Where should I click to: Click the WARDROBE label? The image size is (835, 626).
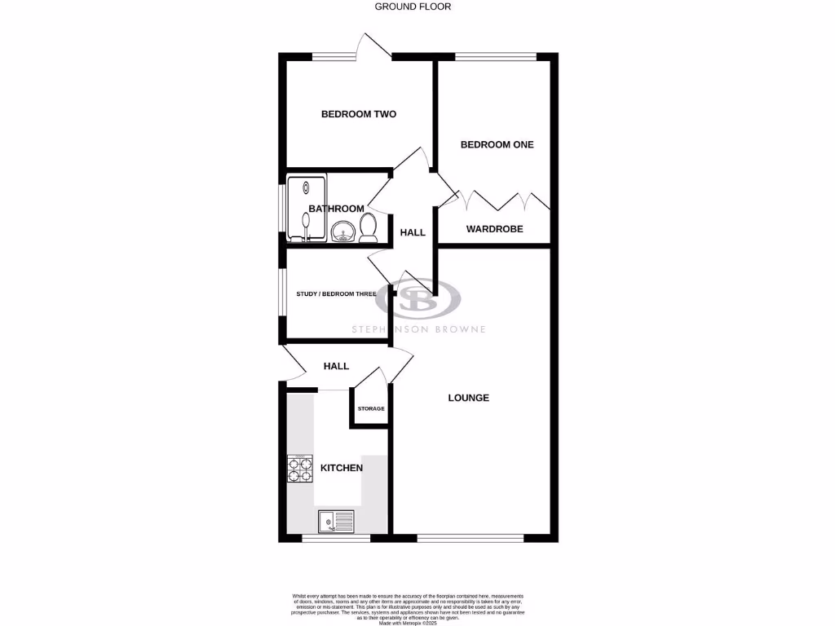[494, 229]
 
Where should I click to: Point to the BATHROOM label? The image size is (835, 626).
[336, 209]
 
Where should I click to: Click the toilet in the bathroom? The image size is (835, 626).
[368, 229]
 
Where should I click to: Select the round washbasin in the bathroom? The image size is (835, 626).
[343, 233]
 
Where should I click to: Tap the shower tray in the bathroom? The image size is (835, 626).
[307, 207]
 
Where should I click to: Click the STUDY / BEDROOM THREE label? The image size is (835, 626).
[336, 293]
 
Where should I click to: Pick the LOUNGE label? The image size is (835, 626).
[469, 398]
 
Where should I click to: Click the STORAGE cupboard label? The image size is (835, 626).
[370, 408]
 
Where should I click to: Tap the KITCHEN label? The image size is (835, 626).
[341, 468]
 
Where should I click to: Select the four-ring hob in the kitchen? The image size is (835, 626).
[300, 469]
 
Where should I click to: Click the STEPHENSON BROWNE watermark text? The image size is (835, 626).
[418, 329]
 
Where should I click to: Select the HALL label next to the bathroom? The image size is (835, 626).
[413, 232]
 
